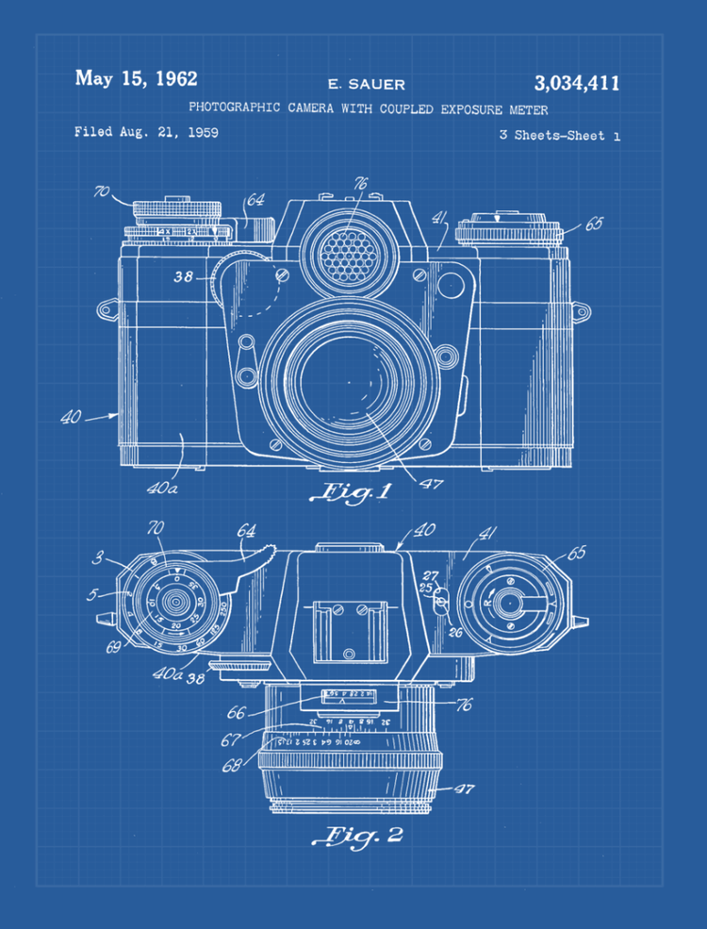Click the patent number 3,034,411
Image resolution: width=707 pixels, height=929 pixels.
[576, 83]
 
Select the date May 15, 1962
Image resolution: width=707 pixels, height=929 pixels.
[136, 79]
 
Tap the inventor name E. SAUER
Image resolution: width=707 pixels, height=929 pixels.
[366, 85]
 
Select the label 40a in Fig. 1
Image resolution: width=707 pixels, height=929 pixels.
[162, 489]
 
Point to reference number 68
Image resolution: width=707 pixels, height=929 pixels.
[232, 766]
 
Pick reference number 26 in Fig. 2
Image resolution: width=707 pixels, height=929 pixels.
[454, 631]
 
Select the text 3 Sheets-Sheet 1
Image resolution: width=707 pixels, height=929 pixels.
[559, 136]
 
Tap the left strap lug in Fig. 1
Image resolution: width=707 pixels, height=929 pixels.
[104, 307]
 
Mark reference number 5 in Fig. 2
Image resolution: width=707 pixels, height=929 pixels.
[91, 595]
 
